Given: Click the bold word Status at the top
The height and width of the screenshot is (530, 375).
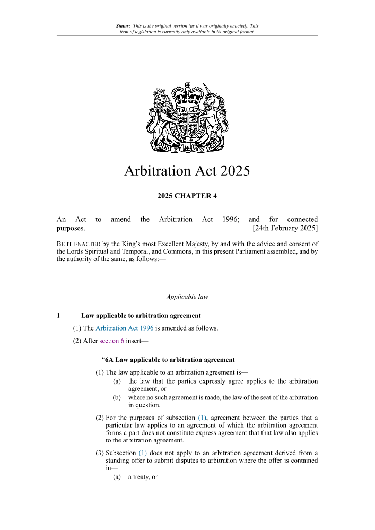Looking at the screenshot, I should pos(123,25).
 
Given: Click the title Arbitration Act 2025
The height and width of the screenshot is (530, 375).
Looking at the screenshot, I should pos(187,171).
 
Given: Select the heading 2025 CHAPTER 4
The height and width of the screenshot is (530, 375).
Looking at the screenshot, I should pos(187,196).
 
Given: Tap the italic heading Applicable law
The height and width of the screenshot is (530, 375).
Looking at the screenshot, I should pos(187,297).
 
